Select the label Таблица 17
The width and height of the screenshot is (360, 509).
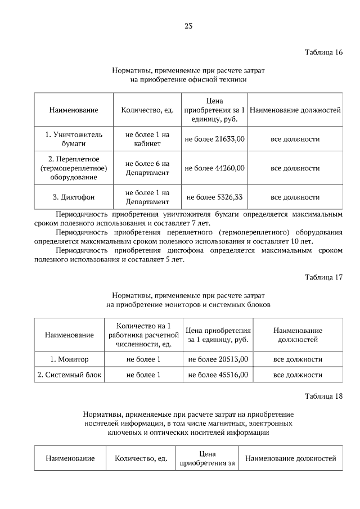click(323, 277)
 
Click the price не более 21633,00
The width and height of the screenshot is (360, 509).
click(214, 139)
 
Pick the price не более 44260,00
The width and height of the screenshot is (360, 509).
click(214, 168)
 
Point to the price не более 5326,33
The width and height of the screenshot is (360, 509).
click(214, 197)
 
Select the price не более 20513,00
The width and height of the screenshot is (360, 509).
click(218, 359)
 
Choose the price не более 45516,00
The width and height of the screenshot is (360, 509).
click(218, 375)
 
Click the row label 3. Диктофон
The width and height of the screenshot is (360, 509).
click(74, 197)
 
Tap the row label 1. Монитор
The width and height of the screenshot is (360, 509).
click(69, 359)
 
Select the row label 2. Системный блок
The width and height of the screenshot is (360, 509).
click(69, 375)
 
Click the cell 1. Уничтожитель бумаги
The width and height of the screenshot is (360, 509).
click(74, 139)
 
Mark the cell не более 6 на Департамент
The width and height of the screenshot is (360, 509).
click(147, 168)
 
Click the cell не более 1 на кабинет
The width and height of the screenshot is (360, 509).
click(147, 139)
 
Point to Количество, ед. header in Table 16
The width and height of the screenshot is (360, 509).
click(147, 110)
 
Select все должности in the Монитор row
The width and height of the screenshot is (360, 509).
click(298, 359)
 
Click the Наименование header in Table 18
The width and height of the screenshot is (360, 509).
click(70, 458)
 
